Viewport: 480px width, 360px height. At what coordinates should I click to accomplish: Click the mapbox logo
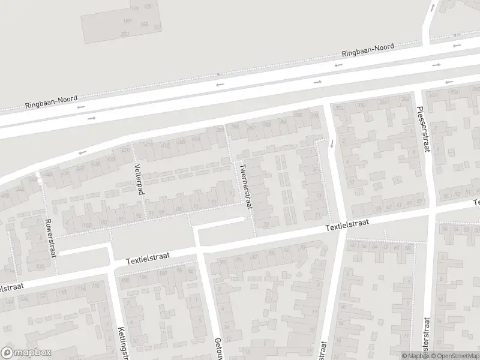tap(25, 353)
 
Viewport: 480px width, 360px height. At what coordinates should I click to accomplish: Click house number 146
tap(143, 25)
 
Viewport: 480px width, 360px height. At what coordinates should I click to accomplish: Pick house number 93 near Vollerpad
tap(139, 215)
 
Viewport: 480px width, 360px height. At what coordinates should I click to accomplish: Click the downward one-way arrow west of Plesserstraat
tap(331, 143)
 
